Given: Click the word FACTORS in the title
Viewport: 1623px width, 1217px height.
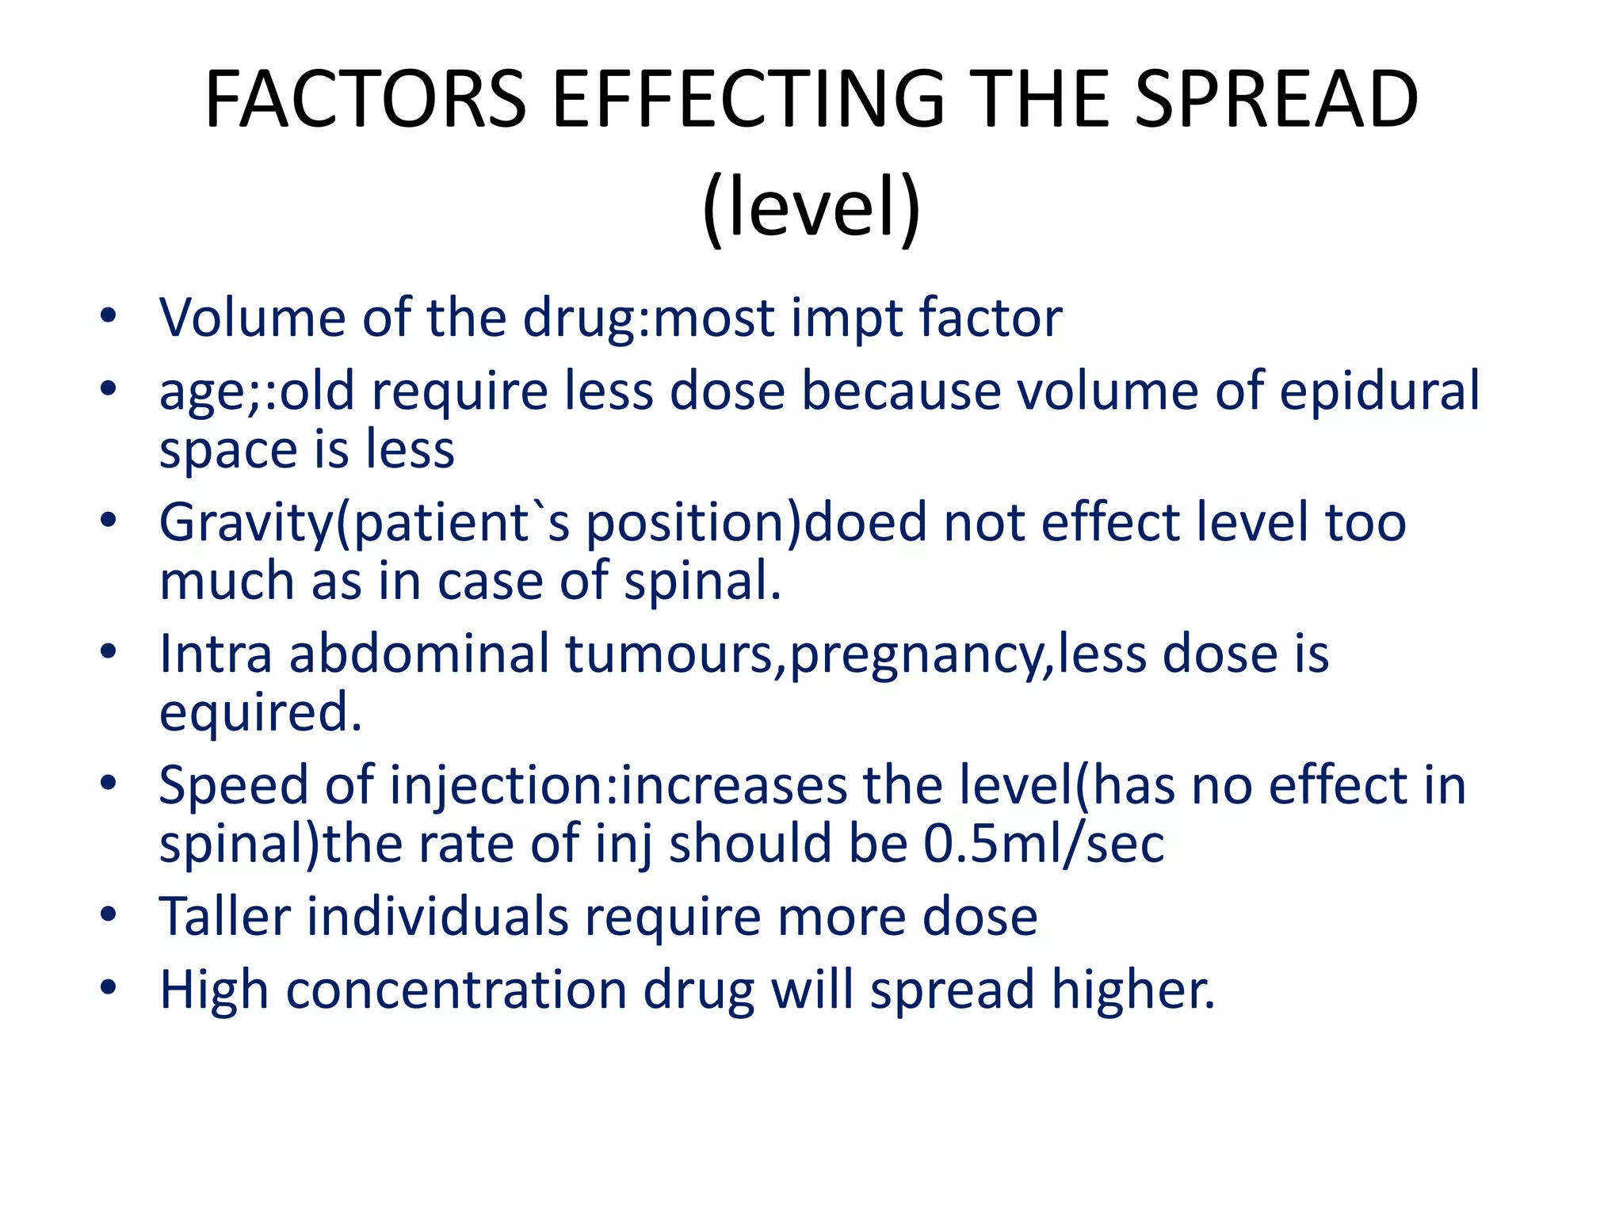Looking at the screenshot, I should [365, 100].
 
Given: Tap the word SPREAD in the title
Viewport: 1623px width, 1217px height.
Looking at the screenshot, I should [1276, 100].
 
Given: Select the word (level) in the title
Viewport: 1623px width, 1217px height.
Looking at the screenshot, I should [811, 208].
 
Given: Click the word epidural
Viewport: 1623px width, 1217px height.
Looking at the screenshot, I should [1379, 391].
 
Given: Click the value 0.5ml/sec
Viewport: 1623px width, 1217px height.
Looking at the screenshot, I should [1044, 843].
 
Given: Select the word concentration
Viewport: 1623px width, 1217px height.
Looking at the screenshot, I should [456, 990].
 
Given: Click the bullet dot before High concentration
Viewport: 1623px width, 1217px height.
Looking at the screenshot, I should [109, 988].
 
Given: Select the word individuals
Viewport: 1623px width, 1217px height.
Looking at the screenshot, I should [437, 917].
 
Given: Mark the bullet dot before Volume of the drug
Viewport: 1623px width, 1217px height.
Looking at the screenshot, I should [109, 316].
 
